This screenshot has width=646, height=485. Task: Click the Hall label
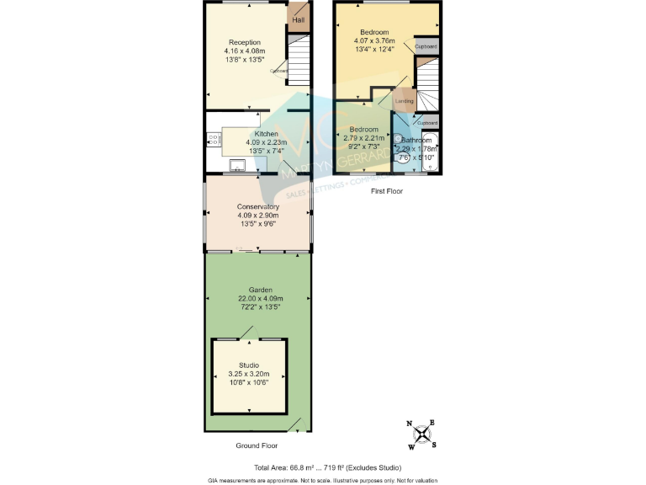299,19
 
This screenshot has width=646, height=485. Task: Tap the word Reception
245,42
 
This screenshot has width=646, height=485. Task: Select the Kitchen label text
267,134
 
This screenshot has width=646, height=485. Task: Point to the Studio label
249,365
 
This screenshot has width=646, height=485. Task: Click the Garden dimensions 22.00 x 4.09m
260,298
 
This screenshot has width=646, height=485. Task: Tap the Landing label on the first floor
404,101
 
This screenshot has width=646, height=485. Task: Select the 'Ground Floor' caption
257,445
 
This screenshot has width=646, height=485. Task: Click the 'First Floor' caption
387,191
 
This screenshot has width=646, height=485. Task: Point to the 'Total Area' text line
327,467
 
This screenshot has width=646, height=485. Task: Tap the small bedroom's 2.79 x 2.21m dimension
364,138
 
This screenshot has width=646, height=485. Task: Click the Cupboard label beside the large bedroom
426,46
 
